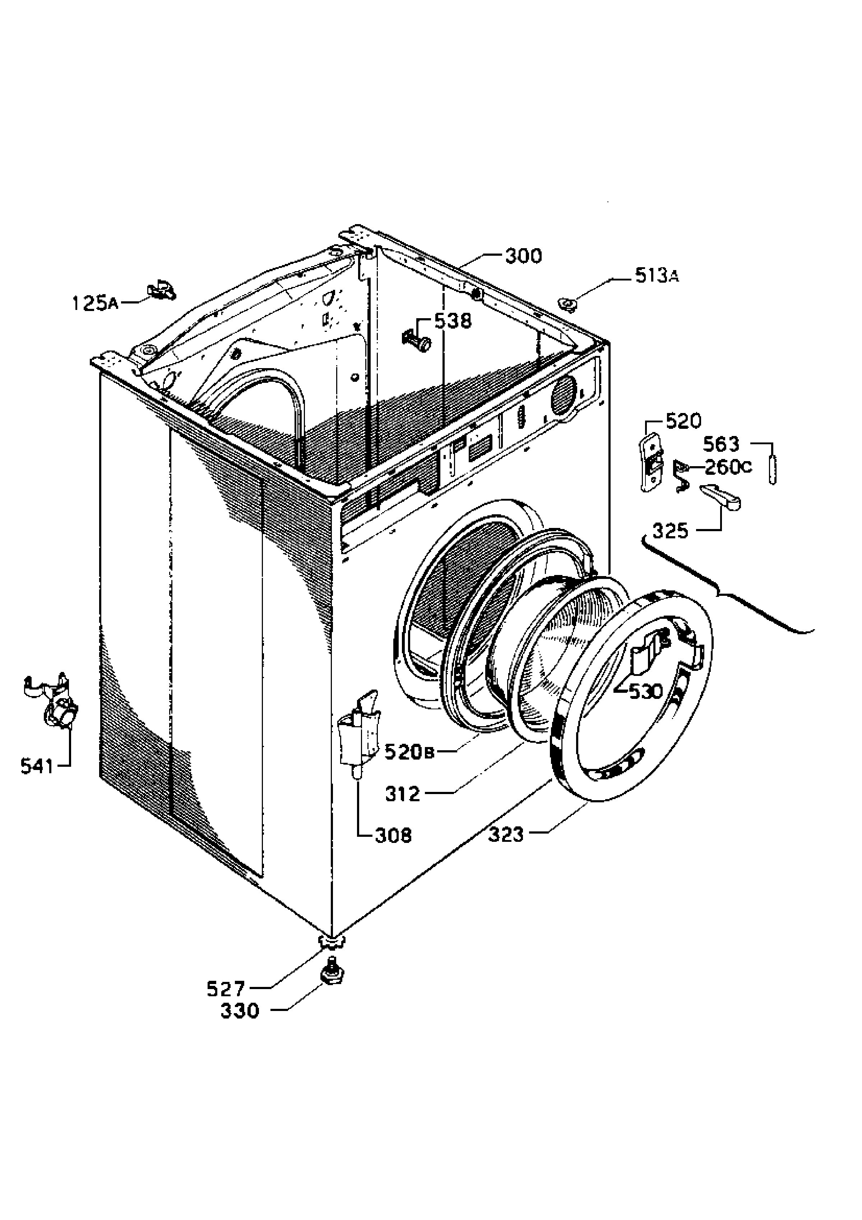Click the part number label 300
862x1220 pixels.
523,257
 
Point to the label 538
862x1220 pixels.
453,321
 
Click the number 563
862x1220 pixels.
721,443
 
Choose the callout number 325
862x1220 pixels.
670,530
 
